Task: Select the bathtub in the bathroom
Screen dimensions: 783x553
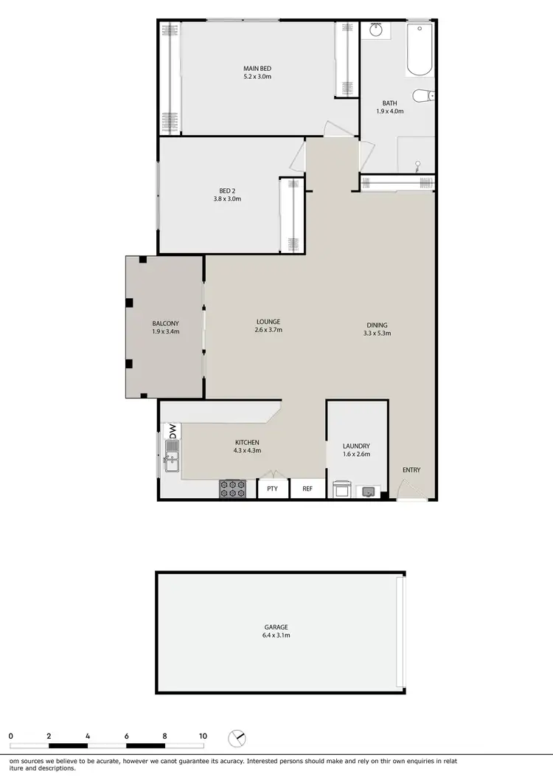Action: (x=420, y=50)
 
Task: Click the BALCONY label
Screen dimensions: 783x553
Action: (x=165, y=324)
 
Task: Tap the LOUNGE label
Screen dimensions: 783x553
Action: (x=268, y=322)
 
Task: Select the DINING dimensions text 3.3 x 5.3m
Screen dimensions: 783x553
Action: (x=377, y=333)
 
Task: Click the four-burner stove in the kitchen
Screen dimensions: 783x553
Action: (x=232, y=489)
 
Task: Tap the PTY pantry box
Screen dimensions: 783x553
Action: (x=273, y=489)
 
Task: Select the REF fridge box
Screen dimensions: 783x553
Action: (x=307, y=489)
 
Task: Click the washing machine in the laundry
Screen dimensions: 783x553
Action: (x=341, y=489)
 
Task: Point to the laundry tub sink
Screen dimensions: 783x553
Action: (x=368, y=491)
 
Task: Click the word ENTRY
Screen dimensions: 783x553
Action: (x=411, y=470)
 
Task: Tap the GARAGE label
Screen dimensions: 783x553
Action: (x=277, y=627)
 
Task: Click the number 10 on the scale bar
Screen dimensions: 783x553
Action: (x=202, y=736)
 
